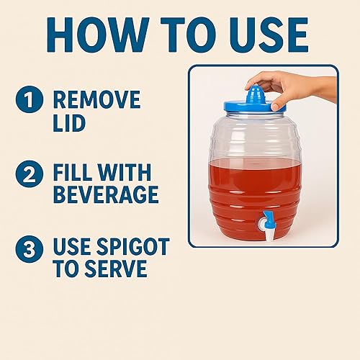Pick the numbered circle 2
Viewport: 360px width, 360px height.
pos(30,173)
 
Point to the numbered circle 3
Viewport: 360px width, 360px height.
pos(30,248)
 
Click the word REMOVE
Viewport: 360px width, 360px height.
pos(97,99)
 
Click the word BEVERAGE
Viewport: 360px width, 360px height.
pos(105,195)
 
